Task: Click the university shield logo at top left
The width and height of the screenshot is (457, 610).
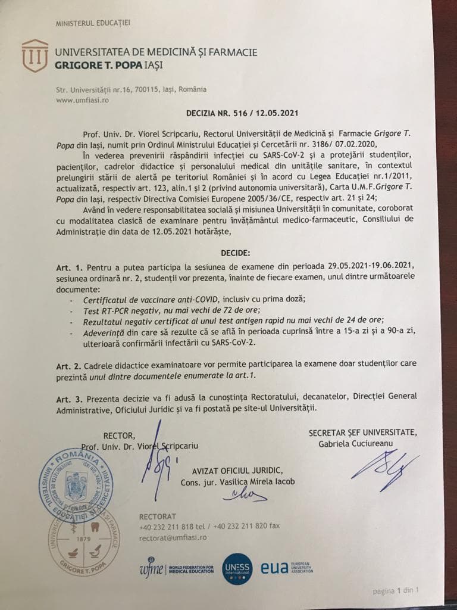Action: (x=35, y=55)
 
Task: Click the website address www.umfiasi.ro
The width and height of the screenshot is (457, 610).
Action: (x=82, y=100)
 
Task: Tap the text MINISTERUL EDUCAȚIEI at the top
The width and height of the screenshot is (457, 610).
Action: (x=92, y=24)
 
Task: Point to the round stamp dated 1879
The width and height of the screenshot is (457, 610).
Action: (x=84, y=536)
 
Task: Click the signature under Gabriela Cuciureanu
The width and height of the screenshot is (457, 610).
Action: (x=384, y=465)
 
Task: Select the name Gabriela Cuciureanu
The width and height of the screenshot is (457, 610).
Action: (x=352, y=443)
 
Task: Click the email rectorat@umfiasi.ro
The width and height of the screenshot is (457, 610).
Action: (x=172, y=537)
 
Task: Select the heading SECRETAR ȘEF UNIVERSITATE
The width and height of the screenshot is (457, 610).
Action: (x=362, y=432)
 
